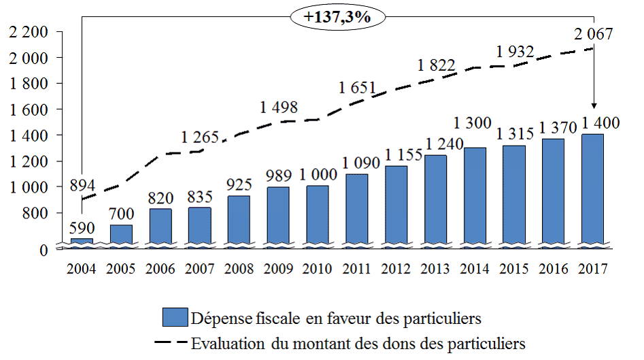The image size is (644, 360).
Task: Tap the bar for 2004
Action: [x=82, y=241]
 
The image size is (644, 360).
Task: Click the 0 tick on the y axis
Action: [x=43, y=250]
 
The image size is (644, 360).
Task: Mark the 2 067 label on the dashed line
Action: [x=593, y=33]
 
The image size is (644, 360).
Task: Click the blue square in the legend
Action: [x=175, y=318]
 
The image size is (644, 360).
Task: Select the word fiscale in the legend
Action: [x=277, y=318]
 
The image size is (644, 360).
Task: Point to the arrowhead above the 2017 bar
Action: [x=594, y=105]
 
